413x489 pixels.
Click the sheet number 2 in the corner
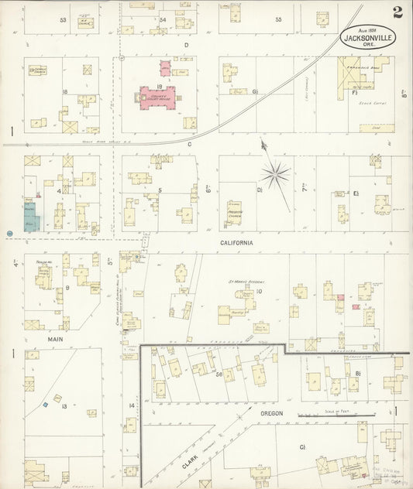[397, 12]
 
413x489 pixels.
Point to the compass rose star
[275, 175]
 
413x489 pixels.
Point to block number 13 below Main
[64, 405]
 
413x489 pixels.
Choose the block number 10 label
[260, 292]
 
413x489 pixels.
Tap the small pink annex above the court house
[166, 67]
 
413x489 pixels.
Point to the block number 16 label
[65, 92]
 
